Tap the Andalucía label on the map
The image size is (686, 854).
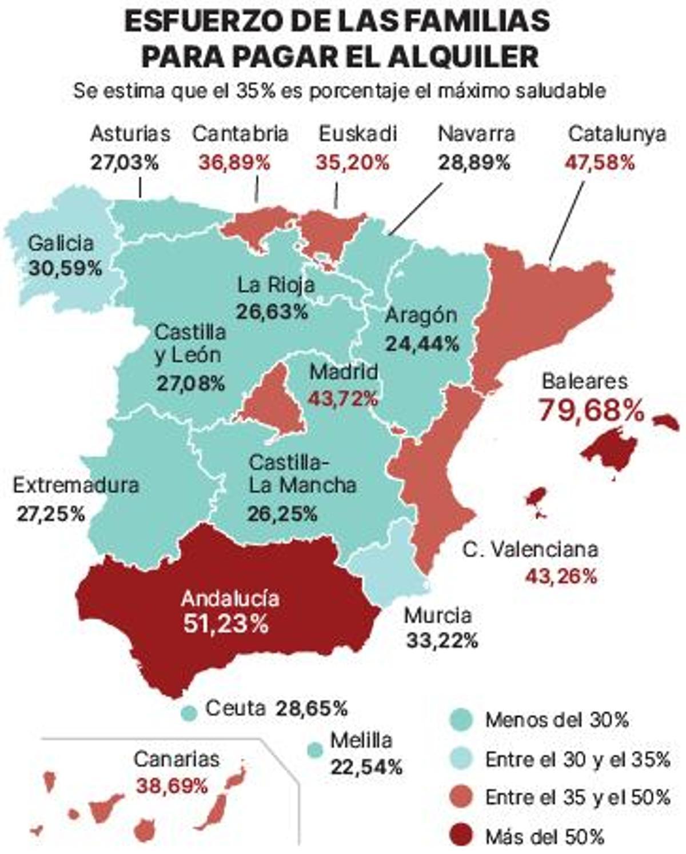point(230,598)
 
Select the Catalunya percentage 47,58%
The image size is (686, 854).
point(600,162)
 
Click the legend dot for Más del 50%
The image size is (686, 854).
point(461,837)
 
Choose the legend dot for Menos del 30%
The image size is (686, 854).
point(461,720)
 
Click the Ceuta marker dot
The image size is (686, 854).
point(189,712)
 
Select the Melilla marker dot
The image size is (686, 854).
point(314,749)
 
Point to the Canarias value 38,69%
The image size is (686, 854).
point(171,786)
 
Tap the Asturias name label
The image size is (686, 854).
point(130,134)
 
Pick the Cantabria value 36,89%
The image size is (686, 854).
point(234,162)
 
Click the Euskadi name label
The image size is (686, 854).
point(357,134)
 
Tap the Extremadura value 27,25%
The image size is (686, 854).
point(50,513)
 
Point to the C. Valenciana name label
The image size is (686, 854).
point(531,549)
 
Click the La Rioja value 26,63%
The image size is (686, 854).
point(272,311)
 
